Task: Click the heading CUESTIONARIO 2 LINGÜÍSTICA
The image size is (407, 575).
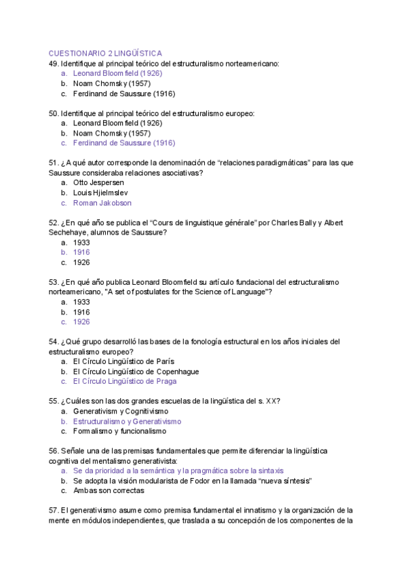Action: click(x=105, y=53)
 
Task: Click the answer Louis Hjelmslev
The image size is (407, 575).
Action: click(x=100, y=193)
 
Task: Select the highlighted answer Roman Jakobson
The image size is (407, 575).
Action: click(x=102, y=203)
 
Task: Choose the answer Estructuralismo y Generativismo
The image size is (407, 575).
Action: click(x=128, y=421)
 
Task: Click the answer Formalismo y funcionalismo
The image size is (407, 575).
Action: click(x=119, y=431)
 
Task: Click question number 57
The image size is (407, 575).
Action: click(x=54, y=511)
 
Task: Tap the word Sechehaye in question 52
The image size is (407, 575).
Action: click(x=68, y=233)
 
